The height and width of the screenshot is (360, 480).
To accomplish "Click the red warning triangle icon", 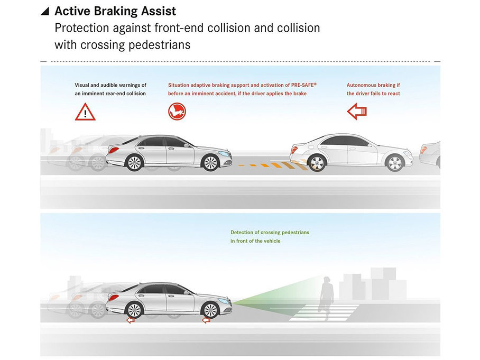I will tap(85, 112).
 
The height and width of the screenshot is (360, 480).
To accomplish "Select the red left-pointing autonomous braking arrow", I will tap(357, 111).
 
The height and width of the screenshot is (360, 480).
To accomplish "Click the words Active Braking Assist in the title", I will tap(115, 11).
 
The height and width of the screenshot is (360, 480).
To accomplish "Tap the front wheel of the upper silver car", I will tap(210, 162).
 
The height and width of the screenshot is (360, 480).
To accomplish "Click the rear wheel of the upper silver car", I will tap(135, 162).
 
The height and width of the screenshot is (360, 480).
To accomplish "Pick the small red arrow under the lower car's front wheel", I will tap(206, 320).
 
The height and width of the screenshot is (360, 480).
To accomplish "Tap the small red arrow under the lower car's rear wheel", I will tap(130, 320).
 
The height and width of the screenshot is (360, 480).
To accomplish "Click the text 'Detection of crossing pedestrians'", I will tap(270, 233).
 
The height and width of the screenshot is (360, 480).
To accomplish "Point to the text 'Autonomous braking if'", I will tap(373, 85).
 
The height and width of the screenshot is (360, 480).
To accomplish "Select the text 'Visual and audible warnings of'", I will tap(110, 85).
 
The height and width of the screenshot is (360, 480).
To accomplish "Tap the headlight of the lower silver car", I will tap(226, 300).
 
